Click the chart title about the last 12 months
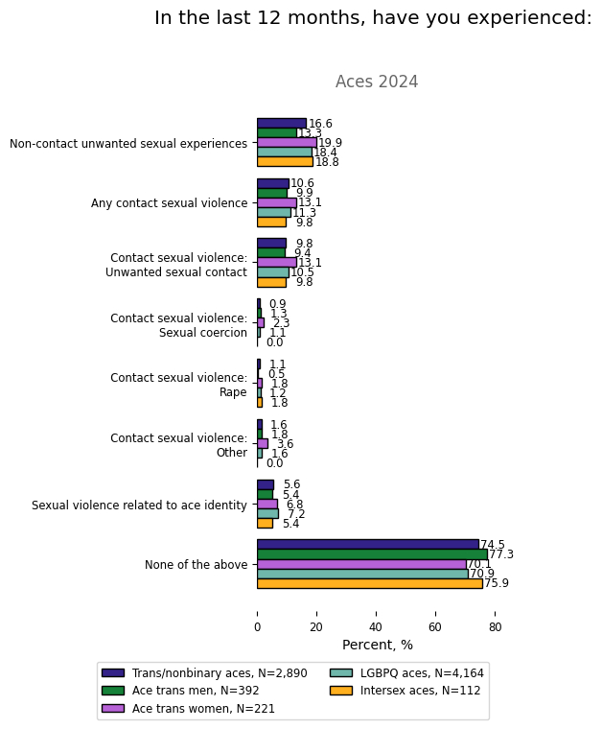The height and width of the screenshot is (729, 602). click(373, 18)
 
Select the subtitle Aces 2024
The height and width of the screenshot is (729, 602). click(377, 82)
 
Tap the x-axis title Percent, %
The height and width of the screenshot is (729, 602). click(378, 646)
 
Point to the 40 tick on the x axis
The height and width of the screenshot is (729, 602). click(376, 627)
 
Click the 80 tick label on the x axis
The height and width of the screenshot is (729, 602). click(495, 627)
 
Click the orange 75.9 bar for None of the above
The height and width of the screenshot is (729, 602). click(369, 583)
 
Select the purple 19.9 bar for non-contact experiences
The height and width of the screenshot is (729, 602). click(287, 143)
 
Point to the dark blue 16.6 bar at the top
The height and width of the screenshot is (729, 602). click(282, 124)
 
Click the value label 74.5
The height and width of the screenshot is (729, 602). click(492, 545)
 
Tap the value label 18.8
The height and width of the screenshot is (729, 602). click(327, 163)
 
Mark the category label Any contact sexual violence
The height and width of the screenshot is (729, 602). click(169, 203)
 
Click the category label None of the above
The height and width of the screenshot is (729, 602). click(196, 565)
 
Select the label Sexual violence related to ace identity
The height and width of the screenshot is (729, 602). click(139, 505)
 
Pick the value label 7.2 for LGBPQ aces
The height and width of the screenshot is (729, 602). click(296, 515)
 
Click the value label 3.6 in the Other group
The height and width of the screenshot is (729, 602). click(285, 444)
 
